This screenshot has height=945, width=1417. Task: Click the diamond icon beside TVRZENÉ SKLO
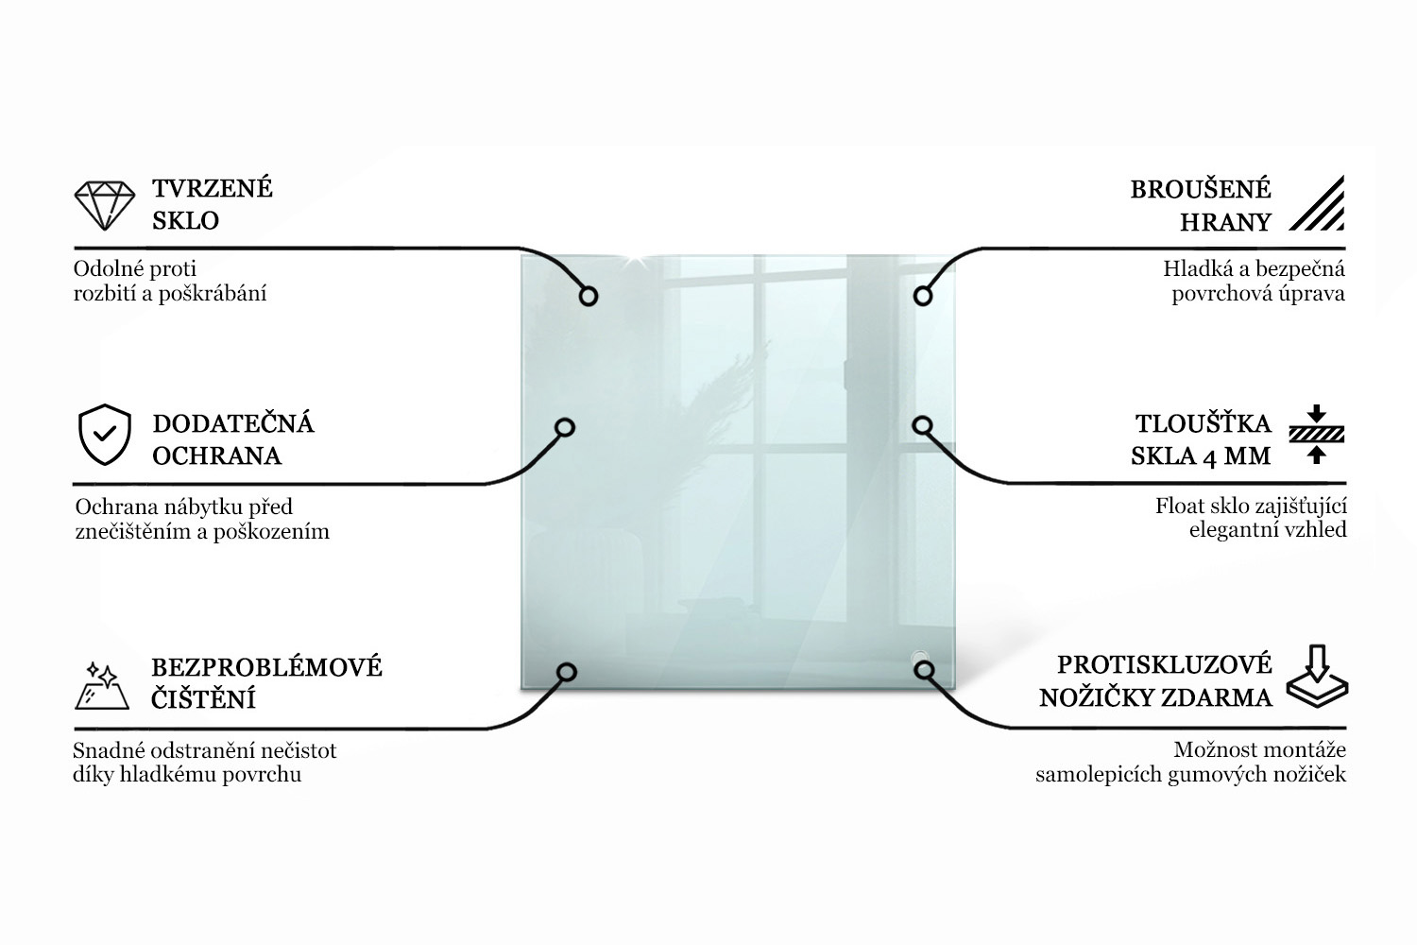click(104, 206)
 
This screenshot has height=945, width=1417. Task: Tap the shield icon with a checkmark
click(104, 434)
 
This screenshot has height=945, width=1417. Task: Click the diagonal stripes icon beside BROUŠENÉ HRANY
click(1317, 202)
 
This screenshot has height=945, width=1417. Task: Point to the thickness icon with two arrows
click(1317, 434)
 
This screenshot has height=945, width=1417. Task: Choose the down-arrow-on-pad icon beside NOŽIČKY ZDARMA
click(1317, 676)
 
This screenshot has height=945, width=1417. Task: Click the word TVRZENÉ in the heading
click(213, 189)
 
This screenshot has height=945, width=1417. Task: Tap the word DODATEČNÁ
click(232, 423)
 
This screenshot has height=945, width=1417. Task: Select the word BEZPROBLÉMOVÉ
click(266, 667)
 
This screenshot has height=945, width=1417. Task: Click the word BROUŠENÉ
click(1201, 189)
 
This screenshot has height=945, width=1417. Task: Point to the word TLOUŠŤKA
click(1204, 423)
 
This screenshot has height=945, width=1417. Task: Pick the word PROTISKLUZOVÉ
click(1165, 664)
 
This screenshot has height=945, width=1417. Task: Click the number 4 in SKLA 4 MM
click(1209, 457)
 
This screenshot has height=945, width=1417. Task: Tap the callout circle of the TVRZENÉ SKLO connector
click(589, 296)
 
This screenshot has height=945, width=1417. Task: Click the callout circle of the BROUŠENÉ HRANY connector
click(923, 296)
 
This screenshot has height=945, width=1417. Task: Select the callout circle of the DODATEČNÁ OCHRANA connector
click(565, 427)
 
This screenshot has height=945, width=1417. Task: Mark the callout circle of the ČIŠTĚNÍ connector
click(566, 672)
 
